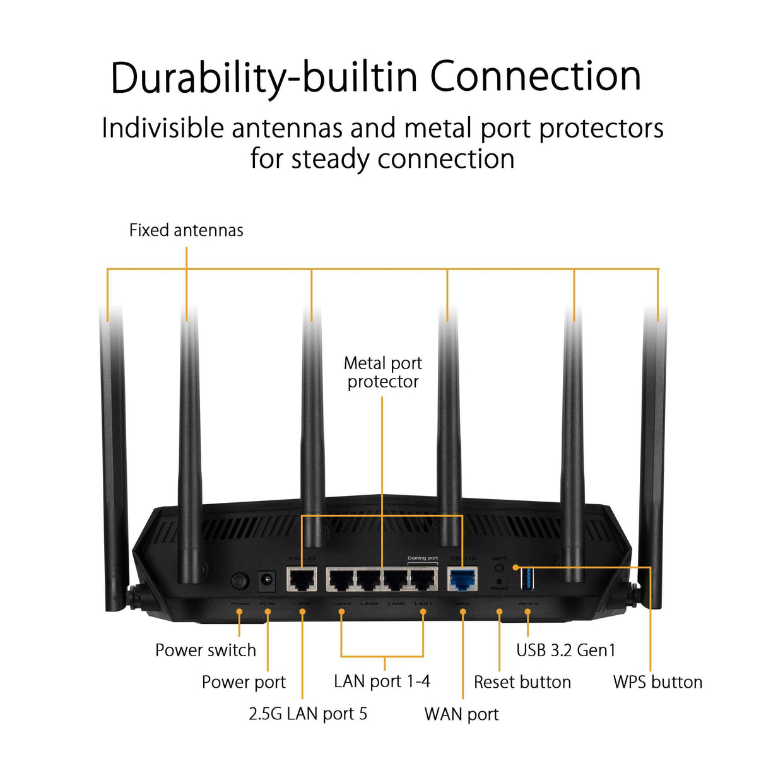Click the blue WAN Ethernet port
coord(463,579)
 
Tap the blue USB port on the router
coord(527,578)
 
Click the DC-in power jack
coord(267,580)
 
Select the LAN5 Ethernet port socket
coord(302,579)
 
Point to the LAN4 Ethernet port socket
coord(341,579)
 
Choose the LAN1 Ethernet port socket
coord(423,579)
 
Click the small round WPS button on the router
coord(499,569)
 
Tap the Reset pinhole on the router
coord(499,581)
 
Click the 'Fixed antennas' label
coord(186,230)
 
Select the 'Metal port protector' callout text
coord(382,372)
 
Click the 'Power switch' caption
coord(206,650)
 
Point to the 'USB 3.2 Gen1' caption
coord(565,650)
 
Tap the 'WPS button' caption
coord(657,682)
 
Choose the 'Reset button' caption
coord(522,682)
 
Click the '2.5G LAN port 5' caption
coord(308,714)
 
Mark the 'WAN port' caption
coord(461,714)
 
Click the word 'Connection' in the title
coord(536,76)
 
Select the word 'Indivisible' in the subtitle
coord(163,128)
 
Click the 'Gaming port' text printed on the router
coord(422,558)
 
